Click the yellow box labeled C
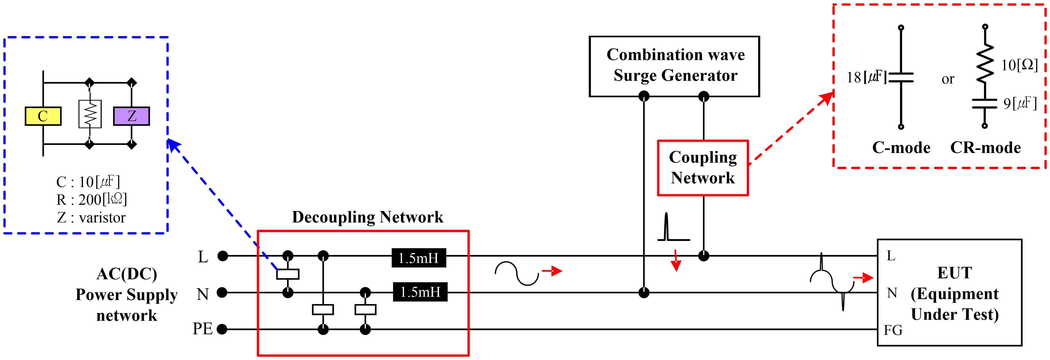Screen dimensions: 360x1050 (43, 116)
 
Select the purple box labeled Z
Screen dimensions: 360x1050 (131, 116)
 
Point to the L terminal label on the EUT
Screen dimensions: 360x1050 (891, 256)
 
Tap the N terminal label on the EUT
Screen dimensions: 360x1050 (892, 293)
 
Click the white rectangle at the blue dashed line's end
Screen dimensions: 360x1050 (288, 274)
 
